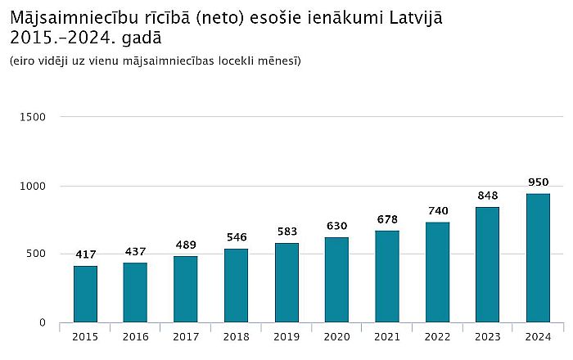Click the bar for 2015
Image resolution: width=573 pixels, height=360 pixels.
(85, 295)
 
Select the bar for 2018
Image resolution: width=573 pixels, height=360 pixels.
(237, 286)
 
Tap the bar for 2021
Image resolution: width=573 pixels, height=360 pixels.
(387, 277)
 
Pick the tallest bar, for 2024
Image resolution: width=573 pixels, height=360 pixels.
(538, 258)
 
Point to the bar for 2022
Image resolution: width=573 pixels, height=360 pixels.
(437, 272)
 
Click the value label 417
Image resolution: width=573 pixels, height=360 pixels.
(85, 254)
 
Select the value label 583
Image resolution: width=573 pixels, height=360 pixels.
(286, 232)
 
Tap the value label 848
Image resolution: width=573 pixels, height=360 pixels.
(487, 196)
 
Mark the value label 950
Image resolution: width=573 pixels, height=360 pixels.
(538, 182)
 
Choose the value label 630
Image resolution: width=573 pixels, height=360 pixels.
(337, 226)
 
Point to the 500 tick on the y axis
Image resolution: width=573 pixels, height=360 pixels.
(36, 254)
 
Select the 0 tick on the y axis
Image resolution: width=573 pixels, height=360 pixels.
(42, 323)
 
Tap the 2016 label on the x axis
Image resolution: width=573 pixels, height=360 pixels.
(136, 336)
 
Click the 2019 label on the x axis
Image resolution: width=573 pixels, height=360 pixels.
(286, 336)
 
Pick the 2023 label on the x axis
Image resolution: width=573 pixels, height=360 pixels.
(487, 336)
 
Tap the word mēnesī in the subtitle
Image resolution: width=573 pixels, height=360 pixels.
(280, 61)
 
